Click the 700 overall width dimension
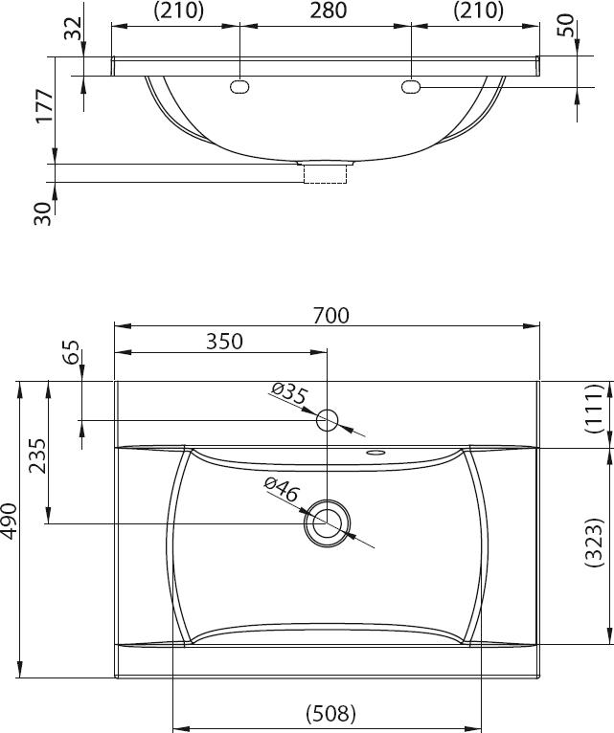(x=330, y=316)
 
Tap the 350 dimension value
(x=225, y=342)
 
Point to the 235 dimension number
(x=37, y=455)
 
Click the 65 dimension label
(x=71, y=352)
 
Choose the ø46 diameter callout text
(x=282, y=489)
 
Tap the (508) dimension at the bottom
(x=330, y=714)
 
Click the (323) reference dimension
(x=594, y=542)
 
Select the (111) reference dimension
(x=594, y=408)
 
